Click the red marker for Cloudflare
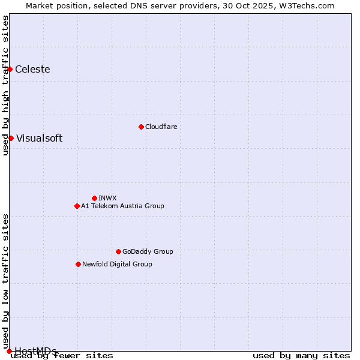pyautogui.click(x=141, y=127)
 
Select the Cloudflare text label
pyautogui.click(x=161, y=127)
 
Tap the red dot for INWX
pyautogui.click(x=94, y=198)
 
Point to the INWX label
pyautogui.click(x=107, y=198)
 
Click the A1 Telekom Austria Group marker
pyautogui.click(x=77, y=206)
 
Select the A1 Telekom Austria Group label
pyautogui.click(x=122, y=206)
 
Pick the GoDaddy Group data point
pyautogui.click(x=118, y=251)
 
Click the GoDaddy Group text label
pyautogui.click(x=148, y=251)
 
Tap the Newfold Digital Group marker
pyautogui.click(x=78, y=264)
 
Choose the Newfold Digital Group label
pyautogui.click(x=117, y=264)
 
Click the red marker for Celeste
pyautogui.click(x=10, y=69)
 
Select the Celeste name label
pyautogui.click(x=32, y=69)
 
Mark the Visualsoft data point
pyautogui.click(x=11, y=138)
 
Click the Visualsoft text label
pyautogui.click(x=39, y=138)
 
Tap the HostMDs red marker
pyautogui.click(x=9, y=351)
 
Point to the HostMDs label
pyautogui.click(x=35, y=351)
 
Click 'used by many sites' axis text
pyautogui.click(x=301, y=355)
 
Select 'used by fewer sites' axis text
pyautogui.click(x=62, y=355)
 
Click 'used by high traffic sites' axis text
pyautogui.click(x=5, y=85)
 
